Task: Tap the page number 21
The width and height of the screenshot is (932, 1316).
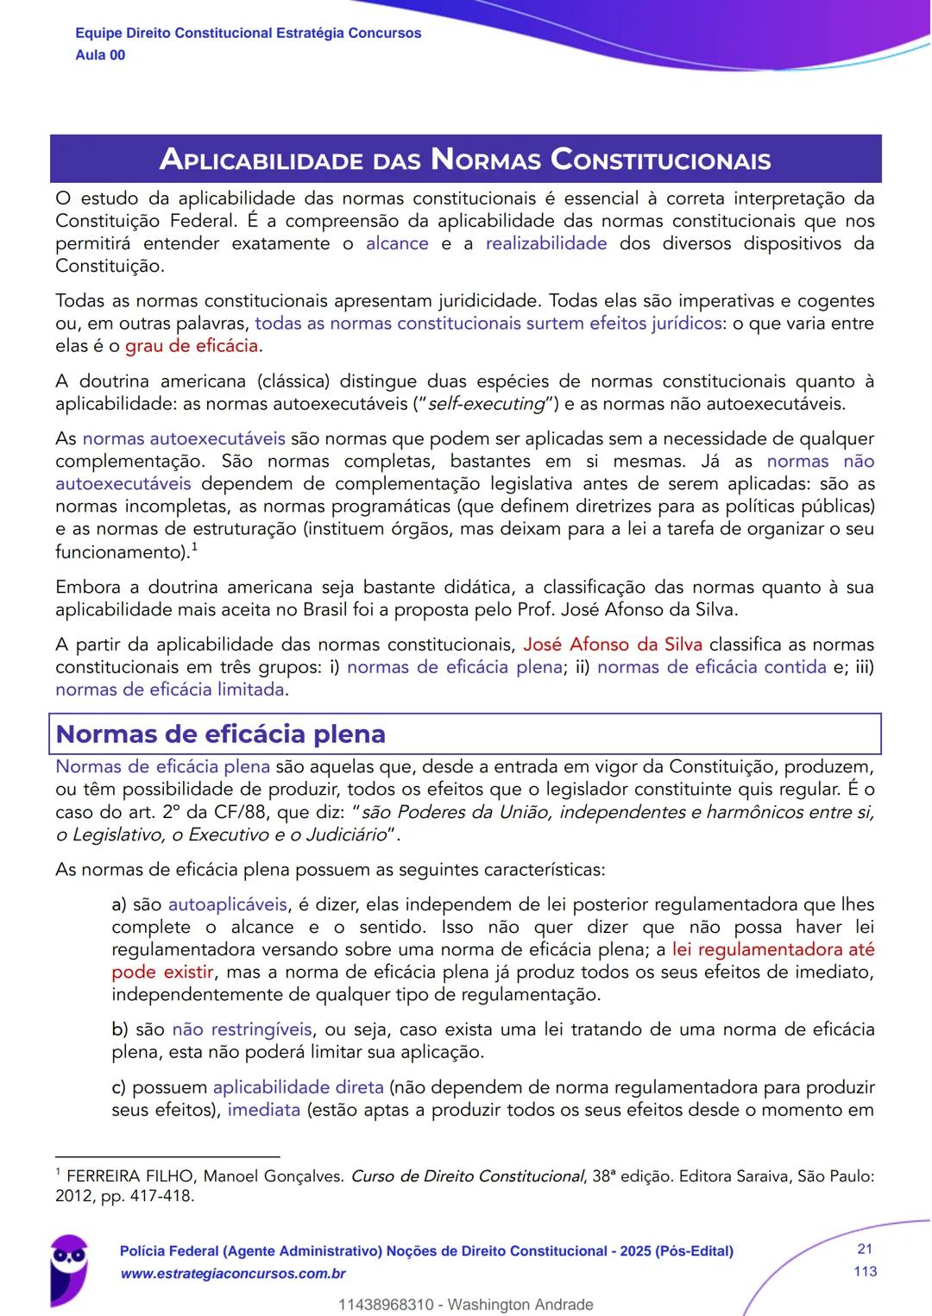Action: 865,1249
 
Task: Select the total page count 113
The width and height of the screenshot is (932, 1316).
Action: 865,1271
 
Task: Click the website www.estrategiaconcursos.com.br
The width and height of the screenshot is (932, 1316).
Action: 233,1274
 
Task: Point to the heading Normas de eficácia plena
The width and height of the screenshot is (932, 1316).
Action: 221,734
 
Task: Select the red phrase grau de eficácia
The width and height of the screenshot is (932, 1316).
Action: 192,346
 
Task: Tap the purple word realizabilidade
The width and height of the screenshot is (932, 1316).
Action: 546,243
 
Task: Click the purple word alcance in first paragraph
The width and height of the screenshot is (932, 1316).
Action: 397,243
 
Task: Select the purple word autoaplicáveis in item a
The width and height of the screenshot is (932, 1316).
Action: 228,904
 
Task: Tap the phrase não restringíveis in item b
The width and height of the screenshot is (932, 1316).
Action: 242,1030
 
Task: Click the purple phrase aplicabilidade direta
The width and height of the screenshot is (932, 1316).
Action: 299,1087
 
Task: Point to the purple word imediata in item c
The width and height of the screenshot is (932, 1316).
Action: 263,1110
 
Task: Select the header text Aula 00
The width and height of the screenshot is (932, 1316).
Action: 100,55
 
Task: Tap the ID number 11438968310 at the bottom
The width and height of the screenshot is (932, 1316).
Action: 386,1304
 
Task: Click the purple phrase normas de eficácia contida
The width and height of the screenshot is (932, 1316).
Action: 712,667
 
